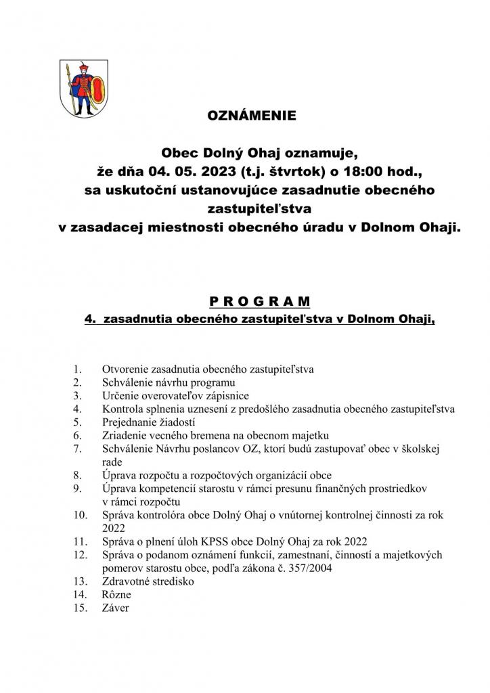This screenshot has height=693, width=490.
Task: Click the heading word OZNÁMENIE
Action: [251, 116]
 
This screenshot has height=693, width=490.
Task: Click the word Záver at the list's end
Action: [116, 608]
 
